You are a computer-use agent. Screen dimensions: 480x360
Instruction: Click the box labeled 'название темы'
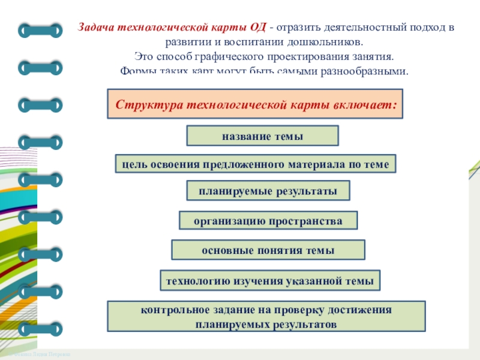coord(263,136)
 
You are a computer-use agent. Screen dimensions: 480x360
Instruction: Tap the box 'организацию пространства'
coord(268,221)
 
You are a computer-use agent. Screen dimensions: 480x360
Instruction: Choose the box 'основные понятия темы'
coord(268,250)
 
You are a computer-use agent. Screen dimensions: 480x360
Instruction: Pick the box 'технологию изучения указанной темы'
coord(270,280)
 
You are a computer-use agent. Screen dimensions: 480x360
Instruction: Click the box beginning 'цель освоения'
coord(256,164)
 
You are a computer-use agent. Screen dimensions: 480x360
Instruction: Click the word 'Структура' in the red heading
coord(146,104)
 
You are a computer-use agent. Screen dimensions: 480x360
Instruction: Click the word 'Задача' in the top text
coord(98,28)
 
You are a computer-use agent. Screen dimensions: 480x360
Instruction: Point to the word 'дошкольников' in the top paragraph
coord(329,43)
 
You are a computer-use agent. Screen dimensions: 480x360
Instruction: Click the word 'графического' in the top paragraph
coord(233,57)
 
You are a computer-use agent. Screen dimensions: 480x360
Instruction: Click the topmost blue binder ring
coord(40,29)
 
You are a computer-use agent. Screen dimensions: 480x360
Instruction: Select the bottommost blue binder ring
coord(40,329)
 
